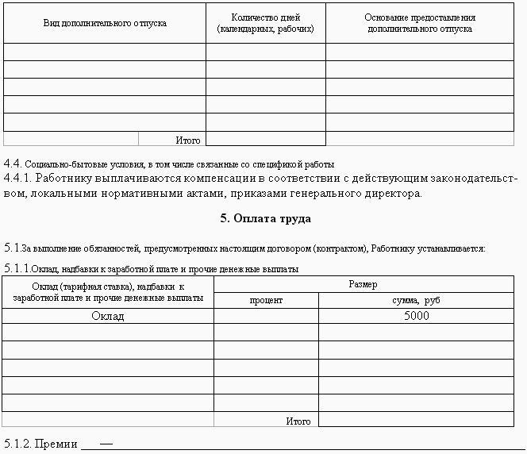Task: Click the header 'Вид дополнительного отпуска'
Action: point(105,23)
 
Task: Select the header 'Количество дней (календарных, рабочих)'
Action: point(265,23)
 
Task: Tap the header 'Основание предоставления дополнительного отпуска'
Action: point(420,23)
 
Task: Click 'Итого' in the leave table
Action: point(188,140)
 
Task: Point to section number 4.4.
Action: point(12,164)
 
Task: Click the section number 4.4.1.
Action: point(17,179)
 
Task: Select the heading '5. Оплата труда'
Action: point(265,218)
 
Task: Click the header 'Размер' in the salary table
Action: point(363,284)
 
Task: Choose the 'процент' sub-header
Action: point(266,301)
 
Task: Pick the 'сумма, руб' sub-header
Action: point(416,301)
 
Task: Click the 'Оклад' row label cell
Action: point(108,316)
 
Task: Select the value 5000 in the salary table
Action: point(416,316)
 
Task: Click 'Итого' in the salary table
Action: point(298,421)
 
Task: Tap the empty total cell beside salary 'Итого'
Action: point(416,421)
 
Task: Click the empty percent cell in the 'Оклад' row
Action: point(266,316)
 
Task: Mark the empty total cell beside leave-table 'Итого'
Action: point(265,140)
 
